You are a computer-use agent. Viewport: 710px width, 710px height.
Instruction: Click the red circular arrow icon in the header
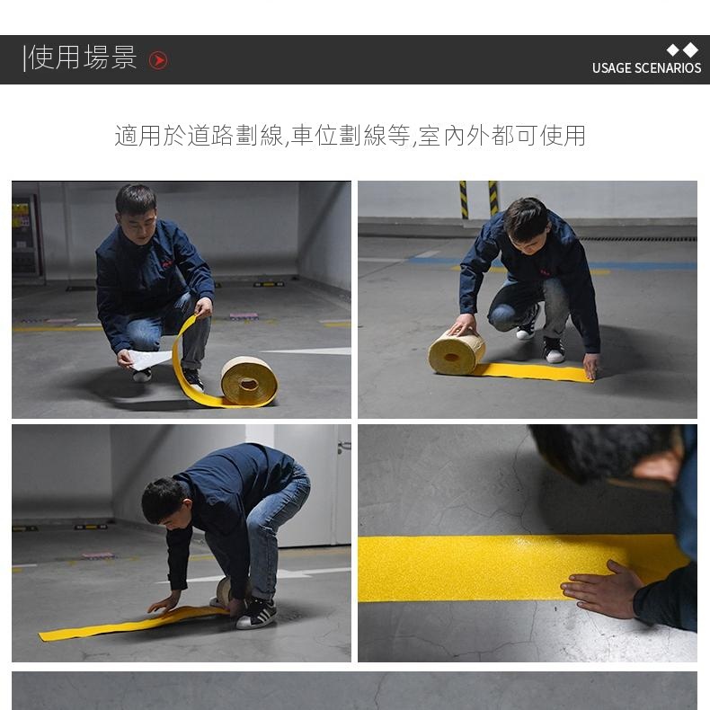point(158,60)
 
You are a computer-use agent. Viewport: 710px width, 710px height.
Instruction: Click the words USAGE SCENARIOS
point(646,68)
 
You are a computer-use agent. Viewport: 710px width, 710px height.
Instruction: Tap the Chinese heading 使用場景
point(83,58)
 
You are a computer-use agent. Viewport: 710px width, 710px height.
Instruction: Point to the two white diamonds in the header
point(682,49)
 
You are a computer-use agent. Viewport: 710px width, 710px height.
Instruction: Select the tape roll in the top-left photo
point(249,381)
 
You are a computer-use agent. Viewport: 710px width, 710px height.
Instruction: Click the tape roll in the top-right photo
point(457,353)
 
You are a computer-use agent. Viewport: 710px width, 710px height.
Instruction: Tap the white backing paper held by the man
point(148,359)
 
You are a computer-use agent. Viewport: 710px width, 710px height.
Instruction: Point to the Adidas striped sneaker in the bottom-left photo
point(256,614)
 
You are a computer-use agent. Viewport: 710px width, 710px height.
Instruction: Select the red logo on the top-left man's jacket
point(167,263)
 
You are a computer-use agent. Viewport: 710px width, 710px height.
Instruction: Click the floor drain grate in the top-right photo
point(637,239)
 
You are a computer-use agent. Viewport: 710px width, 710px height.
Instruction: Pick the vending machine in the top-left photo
point(25,235)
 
